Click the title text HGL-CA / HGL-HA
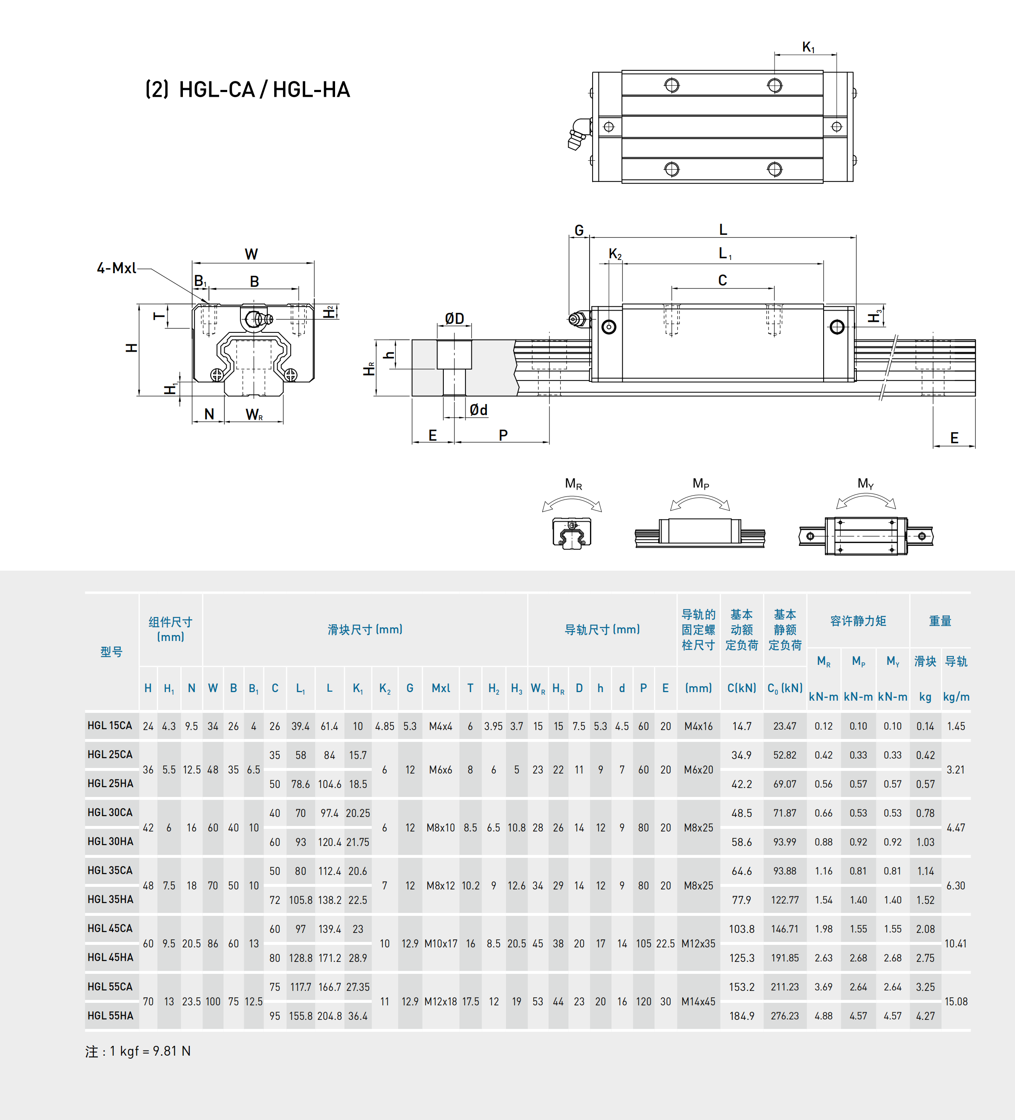(x=248, y=89)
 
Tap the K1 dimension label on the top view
(x=808, y=47)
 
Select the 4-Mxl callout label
(x=116, y=268)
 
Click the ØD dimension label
(x=454, y=318)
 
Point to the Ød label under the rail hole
(x=478, y=410)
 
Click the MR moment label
(x=573, y=483)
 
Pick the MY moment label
(x=865, y=483)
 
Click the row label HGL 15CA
(x=110, y=725)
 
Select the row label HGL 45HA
(x=110, y=957)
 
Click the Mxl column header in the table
(x=440, y=688)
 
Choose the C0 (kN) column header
(x=784, y=688)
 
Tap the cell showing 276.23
(x=784, y=1016)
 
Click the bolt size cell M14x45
(x=698, y=1001)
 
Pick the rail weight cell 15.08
(x=956, y=1001)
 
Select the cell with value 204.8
(x=330, y=1016)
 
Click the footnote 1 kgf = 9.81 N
(x=139, y=1051)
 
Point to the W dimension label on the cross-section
(x=251, y=254)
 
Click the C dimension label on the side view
(x=722, y=280)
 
